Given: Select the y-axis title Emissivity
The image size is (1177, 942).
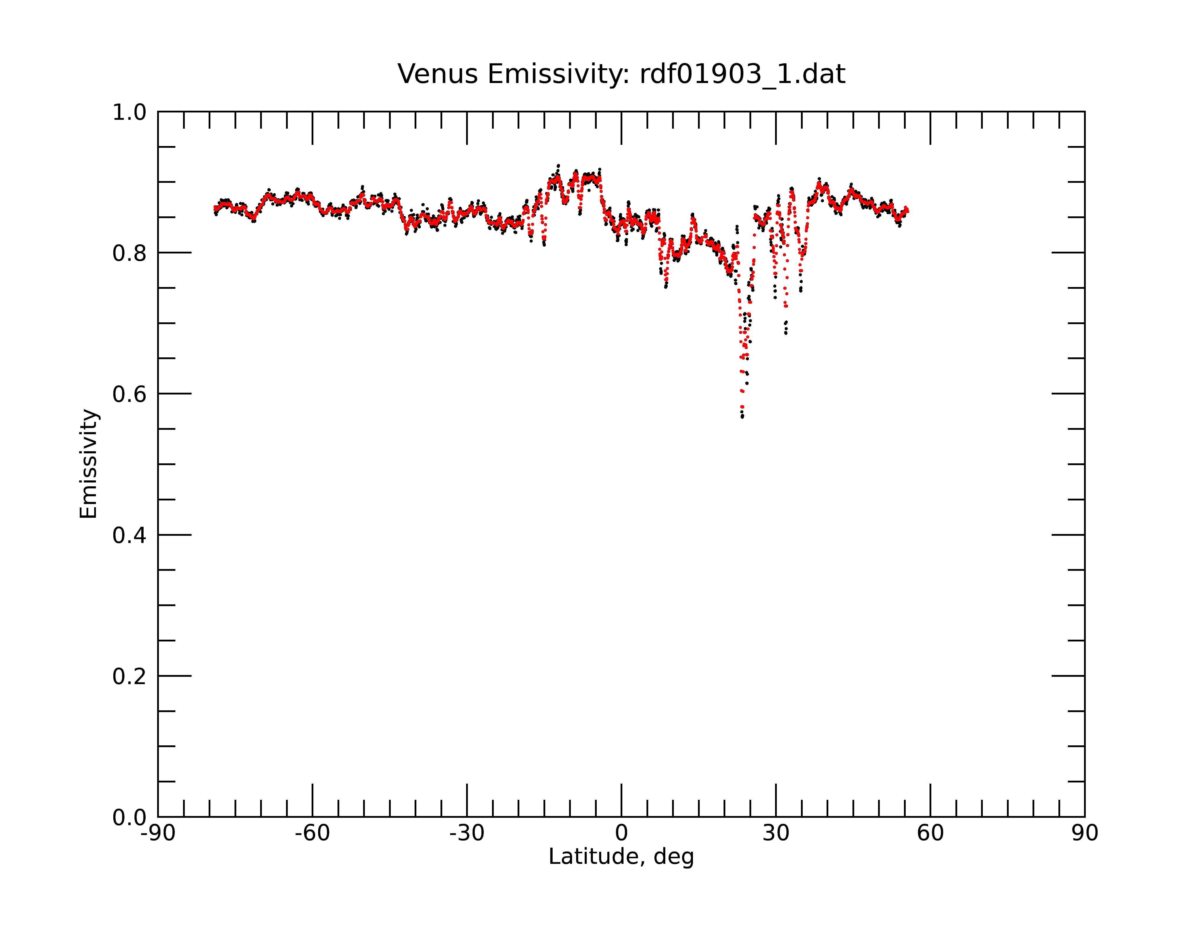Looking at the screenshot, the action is (89, 464).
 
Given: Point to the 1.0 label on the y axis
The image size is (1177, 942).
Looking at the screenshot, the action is (129, 112).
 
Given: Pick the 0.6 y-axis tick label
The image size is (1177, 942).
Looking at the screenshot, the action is (129, 394).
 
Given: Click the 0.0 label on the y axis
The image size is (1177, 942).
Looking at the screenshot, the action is (129, 817).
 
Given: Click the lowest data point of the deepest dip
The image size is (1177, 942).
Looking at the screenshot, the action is (742, 417).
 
